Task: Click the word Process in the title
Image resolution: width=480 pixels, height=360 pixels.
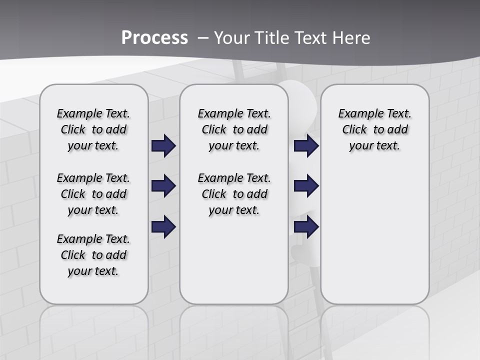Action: [x=154, y=38]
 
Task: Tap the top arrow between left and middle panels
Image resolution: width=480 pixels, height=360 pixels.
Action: [x=163, y=146]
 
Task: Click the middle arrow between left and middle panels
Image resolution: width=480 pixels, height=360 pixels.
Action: [x=163, y=186]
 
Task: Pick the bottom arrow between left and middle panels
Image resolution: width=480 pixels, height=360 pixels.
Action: [x=163, y=227]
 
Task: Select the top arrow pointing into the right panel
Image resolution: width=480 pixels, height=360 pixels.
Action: [x=306, y=146]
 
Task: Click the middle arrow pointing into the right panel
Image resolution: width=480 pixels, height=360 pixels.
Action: [x=306, y=186]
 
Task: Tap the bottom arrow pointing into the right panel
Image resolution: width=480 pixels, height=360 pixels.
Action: [x=306, y=227]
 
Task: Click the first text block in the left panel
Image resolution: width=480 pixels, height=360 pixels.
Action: [x=93, y=129]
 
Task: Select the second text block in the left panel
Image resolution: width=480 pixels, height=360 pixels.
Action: [x=93, y=194]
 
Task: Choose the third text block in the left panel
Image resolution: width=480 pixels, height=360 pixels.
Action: [x=93, y=255]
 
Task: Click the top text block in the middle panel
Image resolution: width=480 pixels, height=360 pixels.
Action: [x=234, y=129]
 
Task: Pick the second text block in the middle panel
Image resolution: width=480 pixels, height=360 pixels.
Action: [x=234, y=194]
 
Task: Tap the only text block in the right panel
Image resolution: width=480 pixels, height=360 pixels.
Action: [x=374, y=129]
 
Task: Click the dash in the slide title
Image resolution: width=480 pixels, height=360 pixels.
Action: [x=203, y=38]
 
